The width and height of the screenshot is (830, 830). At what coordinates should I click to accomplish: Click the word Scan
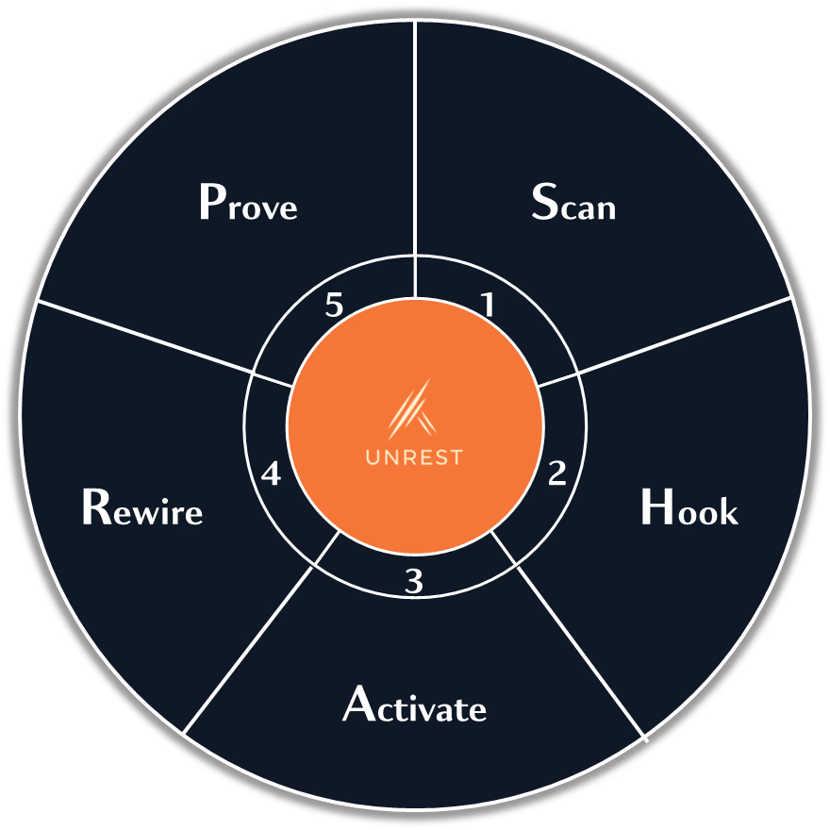click(573, 204)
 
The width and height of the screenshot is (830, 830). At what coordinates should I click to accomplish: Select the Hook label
click(689, 509)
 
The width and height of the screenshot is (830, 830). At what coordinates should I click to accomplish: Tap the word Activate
click(414, 705)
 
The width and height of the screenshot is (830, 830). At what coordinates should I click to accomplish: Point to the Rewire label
click(141, 509)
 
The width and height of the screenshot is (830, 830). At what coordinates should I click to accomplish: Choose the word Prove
click(248, 204)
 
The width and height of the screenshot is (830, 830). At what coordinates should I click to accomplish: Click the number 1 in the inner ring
click(488, 305)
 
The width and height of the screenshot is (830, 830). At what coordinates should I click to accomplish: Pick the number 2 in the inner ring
click(557, 473)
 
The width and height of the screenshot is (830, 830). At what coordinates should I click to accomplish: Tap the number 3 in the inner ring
click(414, 582)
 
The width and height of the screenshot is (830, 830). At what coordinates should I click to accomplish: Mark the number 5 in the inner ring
click(333, 306)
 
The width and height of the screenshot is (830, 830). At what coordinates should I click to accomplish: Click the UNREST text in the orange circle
click(414, 457)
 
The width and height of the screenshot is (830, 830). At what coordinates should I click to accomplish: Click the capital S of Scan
click(544, 202)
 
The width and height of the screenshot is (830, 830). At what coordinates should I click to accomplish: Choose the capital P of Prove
click(212, 202)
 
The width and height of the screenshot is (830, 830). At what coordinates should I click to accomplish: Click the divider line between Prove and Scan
click(416, 141)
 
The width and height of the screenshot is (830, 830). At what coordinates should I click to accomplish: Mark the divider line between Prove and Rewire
click(141, 337)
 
